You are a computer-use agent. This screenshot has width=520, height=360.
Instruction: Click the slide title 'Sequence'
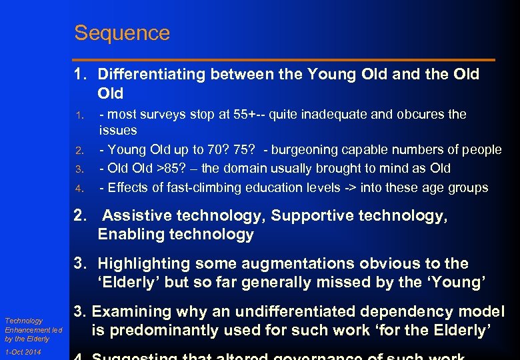tap(122, 33)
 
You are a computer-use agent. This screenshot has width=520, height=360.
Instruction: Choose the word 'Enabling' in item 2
tap(128, 234)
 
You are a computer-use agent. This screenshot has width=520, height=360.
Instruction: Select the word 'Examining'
tap(131, 311)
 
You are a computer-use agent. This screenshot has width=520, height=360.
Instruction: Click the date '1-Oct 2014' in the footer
tap(23, 352)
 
